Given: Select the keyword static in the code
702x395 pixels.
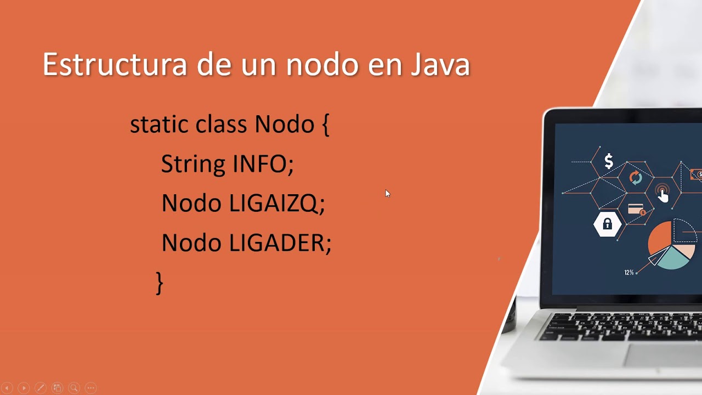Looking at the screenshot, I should (x=159, y=124).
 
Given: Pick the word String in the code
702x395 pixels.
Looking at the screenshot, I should (x=194, y=164).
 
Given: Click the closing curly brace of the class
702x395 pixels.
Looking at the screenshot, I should (x=160, y=283).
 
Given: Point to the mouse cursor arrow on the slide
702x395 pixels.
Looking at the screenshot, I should (x=387, y=193).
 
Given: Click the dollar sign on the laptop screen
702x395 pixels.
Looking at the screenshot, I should (x=609, y=161).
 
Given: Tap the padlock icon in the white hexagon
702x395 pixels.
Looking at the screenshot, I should (x=607, y=224).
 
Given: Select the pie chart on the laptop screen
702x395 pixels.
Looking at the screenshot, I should (x=671, y=245).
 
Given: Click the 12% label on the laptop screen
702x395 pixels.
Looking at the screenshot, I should (x=629, y=272).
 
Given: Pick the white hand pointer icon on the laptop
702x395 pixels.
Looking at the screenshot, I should (x=663, y=195).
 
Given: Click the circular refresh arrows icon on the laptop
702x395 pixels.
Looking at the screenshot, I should (x=636, y=178).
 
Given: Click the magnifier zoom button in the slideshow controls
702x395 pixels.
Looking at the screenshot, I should (x=74, y=388).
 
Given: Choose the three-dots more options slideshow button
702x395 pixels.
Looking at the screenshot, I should (x=91, y=388).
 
